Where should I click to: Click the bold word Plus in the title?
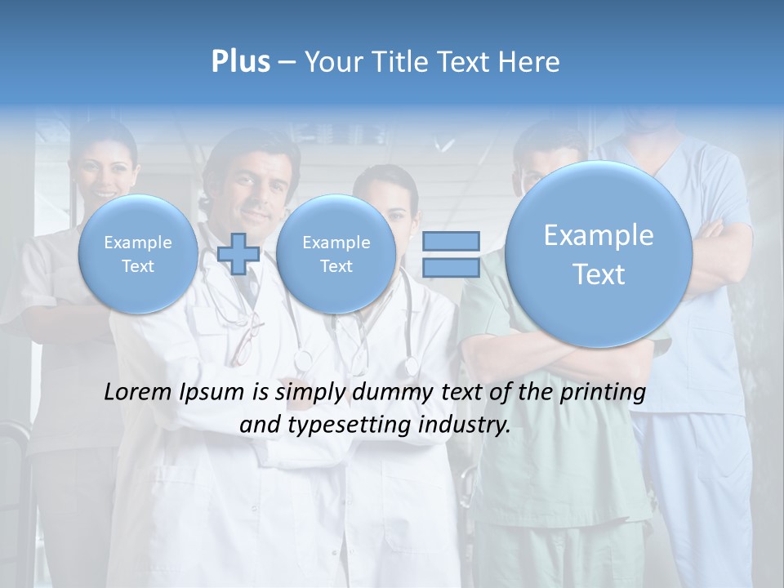[240, 62]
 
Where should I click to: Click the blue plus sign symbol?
[238, 253]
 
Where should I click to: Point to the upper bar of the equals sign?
[450, 241]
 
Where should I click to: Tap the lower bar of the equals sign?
[450, 268]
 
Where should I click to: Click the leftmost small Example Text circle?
[137, 253]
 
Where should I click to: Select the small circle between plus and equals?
[336, 253]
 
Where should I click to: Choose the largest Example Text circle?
[599, 254]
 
